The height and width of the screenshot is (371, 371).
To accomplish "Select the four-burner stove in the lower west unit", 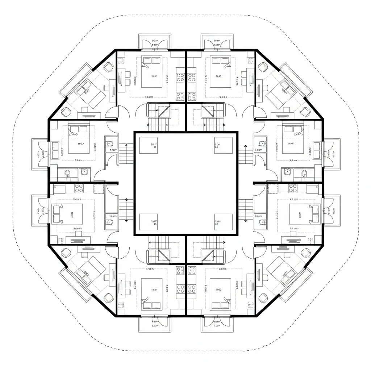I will [x=79, y=188].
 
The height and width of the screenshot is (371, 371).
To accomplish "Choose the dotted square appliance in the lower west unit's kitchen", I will [x=99, y=188].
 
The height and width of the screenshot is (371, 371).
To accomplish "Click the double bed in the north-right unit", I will [x=220, y=72].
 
